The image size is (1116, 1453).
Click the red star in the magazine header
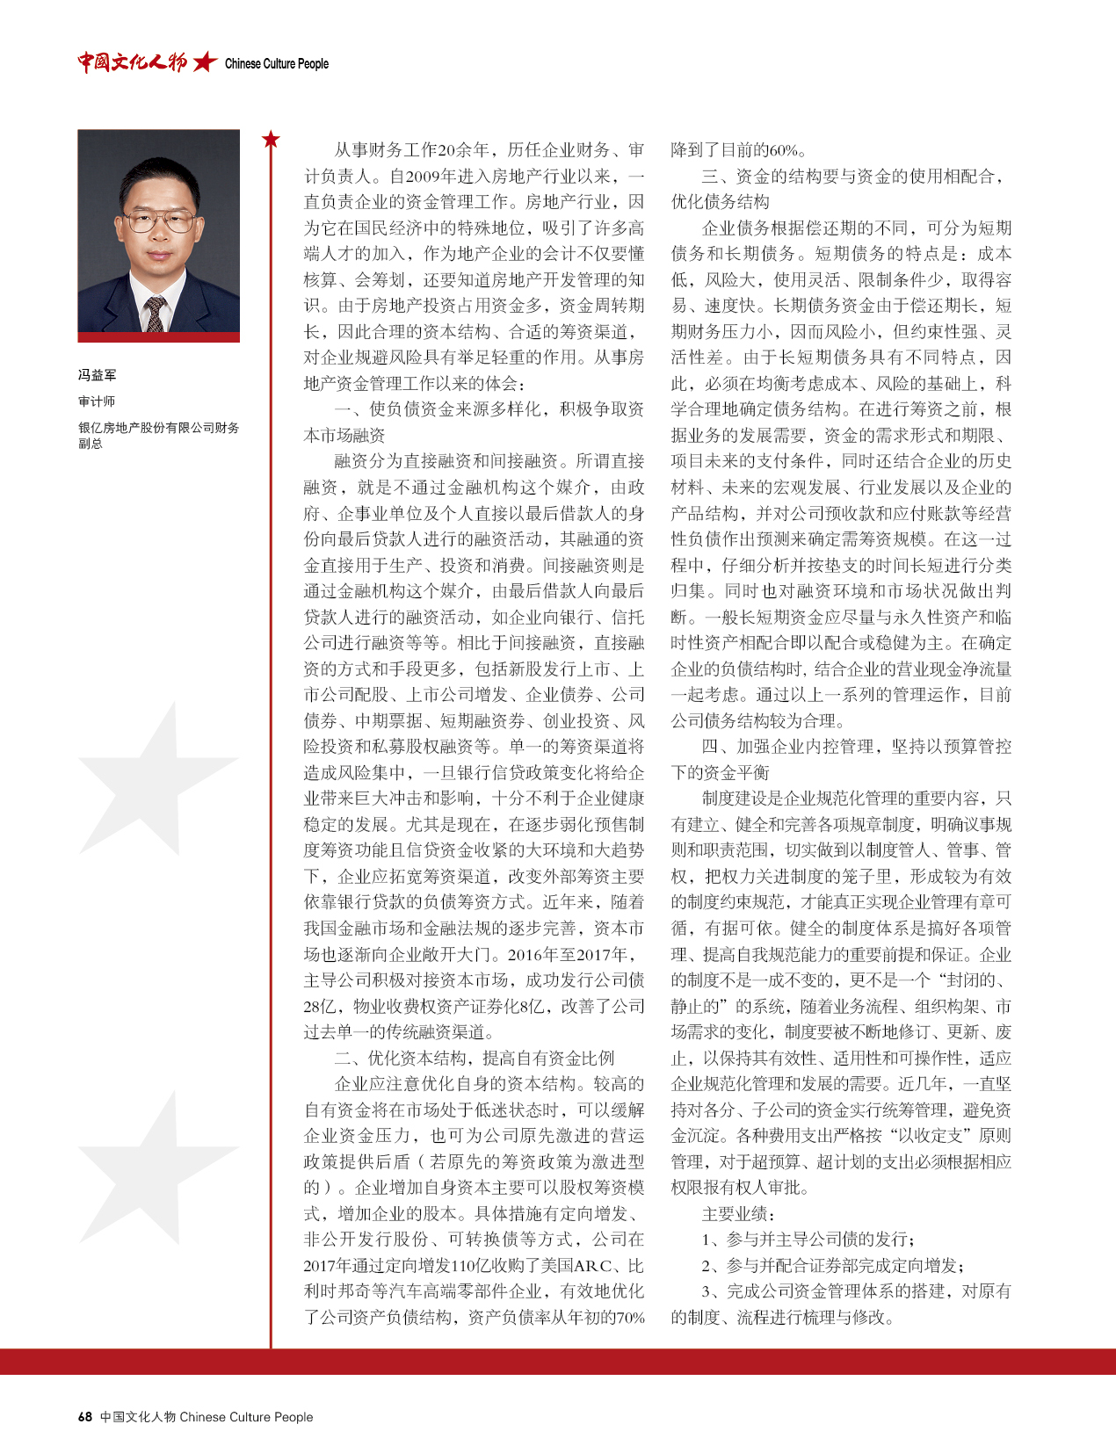pos(205,61)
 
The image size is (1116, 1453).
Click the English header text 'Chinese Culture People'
pos(276,63)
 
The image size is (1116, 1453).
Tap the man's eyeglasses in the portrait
pos(159,220)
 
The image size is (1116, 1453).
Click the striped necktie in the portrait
pos(156,313)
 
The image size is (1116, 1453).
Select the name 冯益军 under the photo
pos(97,375)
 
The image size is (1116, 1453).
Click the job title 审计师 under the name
pos(97,401)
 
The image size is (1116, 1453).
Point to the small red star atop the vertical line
pos(271,139)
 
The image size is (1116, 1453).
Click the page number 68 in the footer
pos(84,1416)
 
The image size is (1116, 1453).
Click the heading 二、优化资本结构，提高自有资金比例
pos(474,1058)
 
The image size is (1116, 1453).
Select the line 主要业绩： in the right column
pos(738,1213)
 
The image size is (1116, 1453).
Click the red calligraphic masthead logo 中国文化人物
pos(132,61)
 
